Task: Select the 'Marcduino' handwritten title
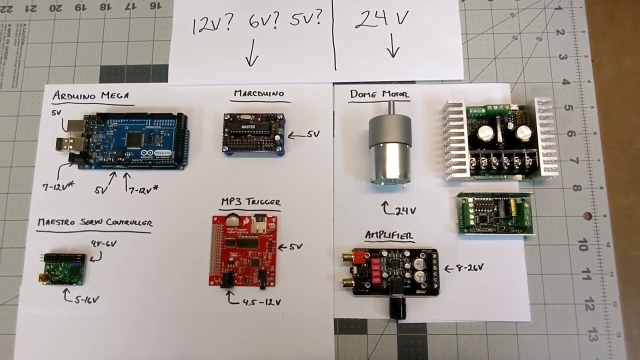[x=258, y=93]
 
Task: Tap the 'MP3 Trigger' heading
[x=250, y=202]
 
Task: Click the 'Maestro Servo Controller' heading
[x=94, y=222]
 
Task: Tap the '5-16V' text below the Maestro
[x=87, y=299]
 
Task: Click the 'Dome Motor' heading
[x=379, y=94]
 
